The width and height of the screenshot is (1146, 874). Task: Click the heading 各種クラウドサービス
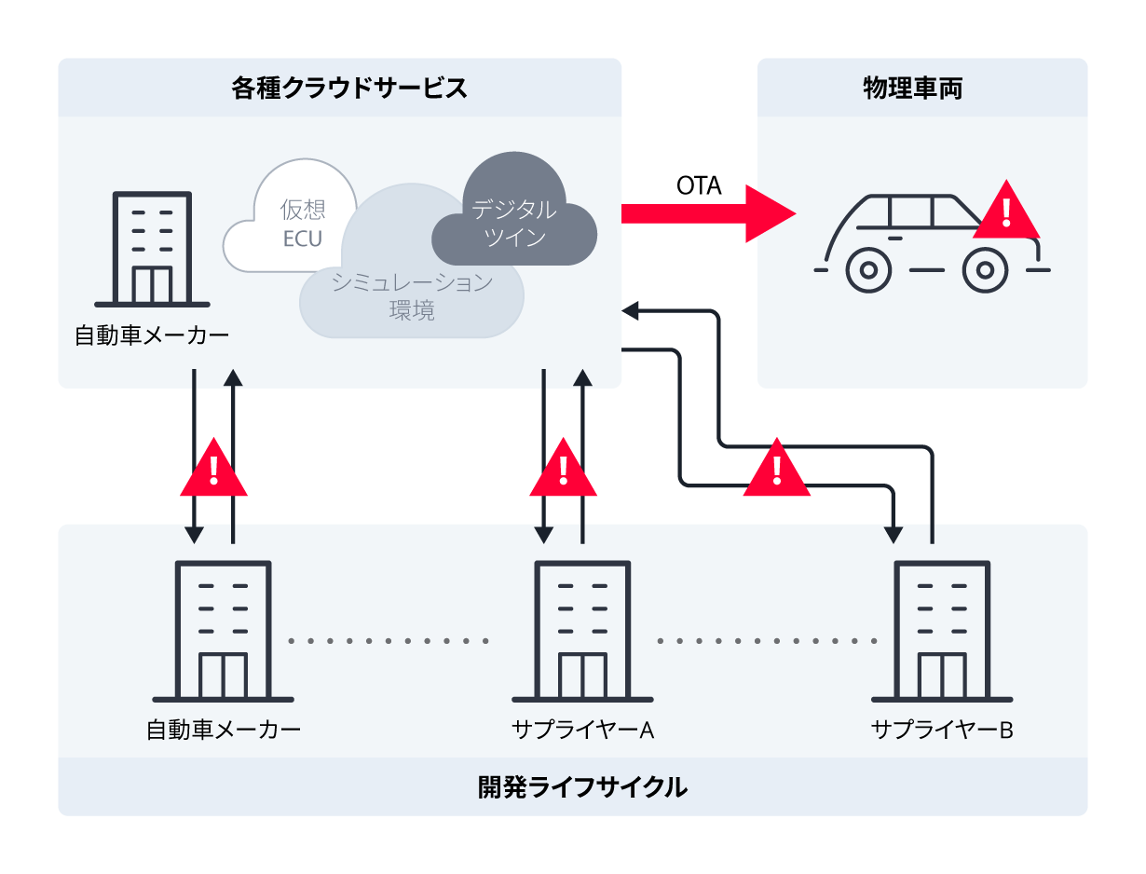pyautogui.click(x=348, y=89)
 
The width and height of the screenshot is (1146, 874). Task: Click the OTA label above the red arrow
pyautogui.click(x=699, y=185)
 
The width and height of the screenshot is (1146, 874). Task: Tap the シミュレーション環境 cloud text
pyautogui.click(x=412, y=296)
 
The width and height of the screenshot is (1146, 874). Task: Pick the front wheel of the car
pyautogui.click(x=984, y=270)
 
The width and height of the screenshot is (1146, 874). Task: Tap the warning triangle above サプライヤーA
pyautogui.click(x=563, y=471)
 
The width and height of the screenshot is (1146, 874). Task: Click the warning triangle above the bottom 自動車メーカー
pyautogui.click(x=213, y=471)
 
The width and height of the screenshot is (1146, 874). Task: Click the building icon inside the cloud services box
pyautogui.click(x=152, y=249)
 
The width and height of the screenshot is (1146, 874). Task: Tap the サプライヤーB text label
pyautogui.click(x=941, y=730)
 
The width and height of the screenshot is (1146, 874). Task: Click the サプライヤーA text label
pyautogui.click(x=582, y=730)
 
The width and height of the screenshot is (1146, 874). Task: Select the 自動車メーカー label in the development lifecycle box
pyautogui.click(x=224, y=730)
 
